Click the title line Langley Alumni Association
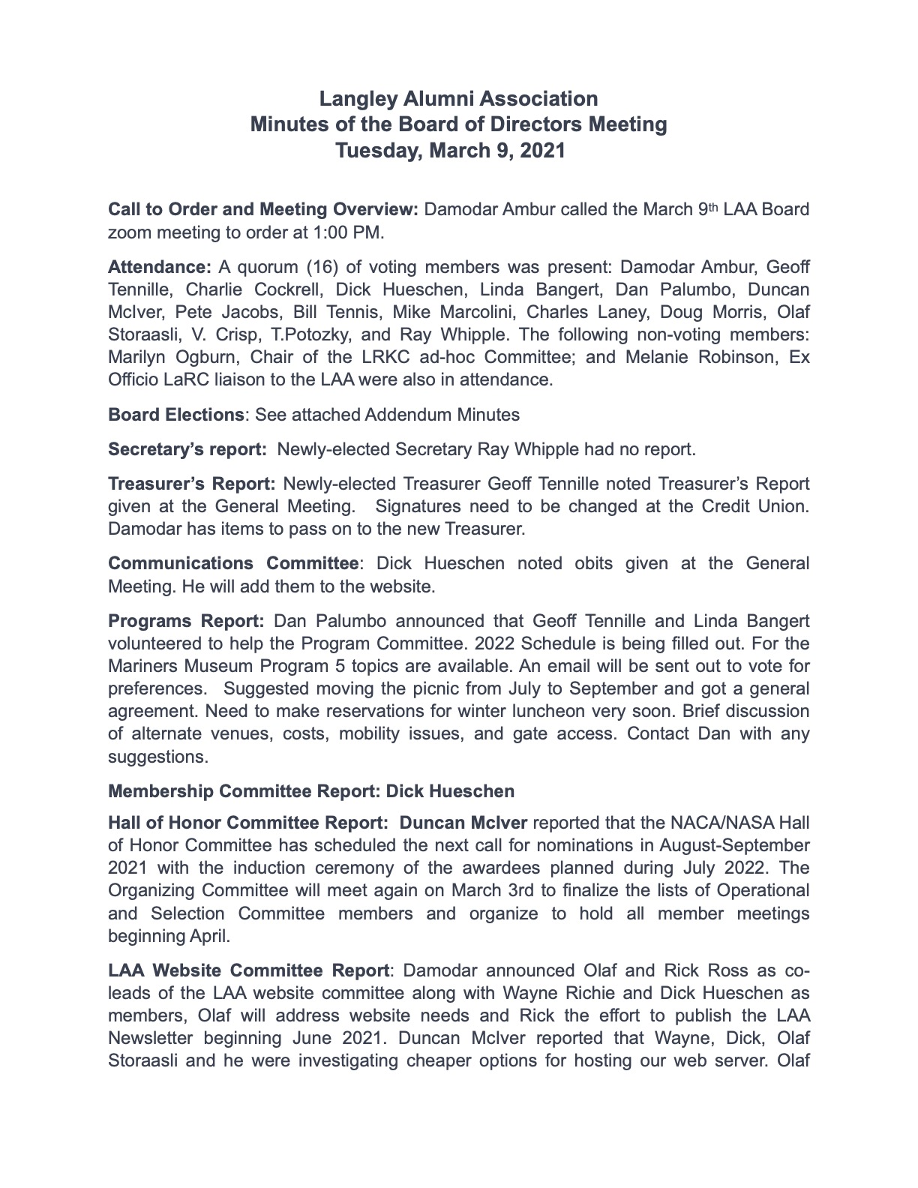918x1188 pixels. [x=458, y=99]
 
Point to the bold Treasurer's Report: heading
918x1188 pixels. [x=192, y=484]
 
